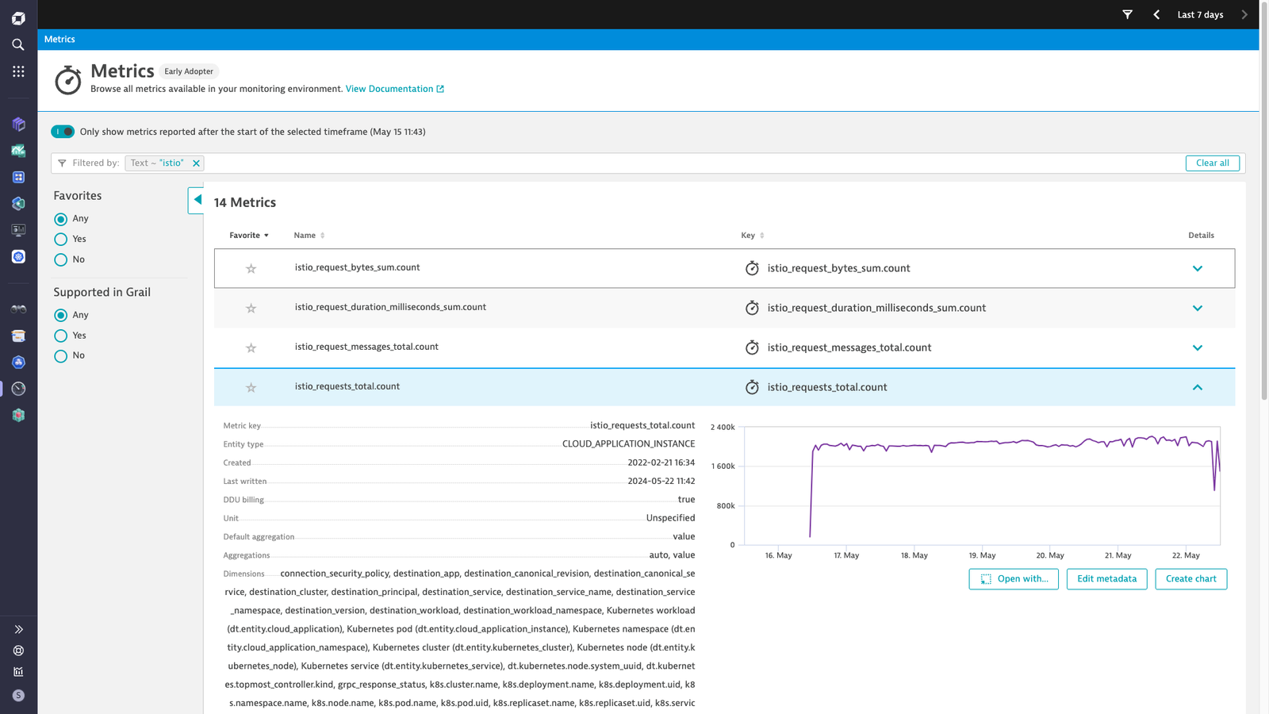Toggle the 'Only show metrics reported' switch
63,132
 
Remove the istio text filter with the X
196,163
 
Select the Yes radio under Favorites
60,239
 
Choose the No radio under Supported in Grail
60,356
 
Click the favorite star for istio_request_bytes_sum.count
251,269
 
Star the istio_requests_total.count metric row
251,388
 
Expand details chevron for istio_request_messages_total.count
1197,348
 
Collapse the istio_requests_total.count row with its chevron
1197,388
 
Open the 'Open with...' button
1014,579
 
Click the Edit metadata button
1106,579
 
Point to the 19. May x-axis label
982,555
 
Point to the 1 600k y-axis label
723,466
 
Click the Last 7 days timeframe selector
1200,15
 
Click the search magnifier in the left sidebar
18,44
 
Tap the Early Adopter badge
189,71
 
